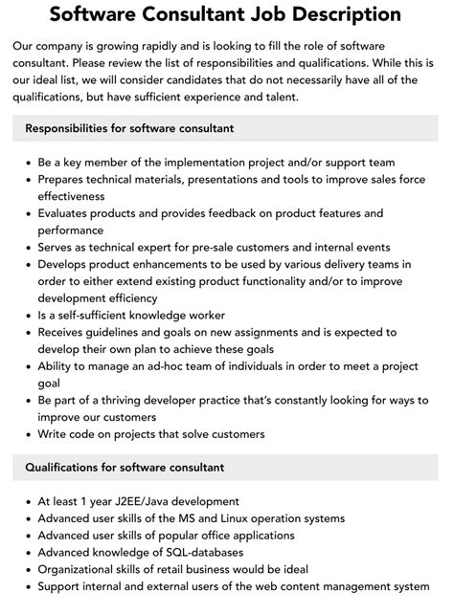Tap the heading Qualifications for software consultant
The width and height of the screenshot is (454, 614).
125,468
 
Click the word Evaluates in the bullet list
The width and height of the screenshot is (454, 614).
67,213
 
